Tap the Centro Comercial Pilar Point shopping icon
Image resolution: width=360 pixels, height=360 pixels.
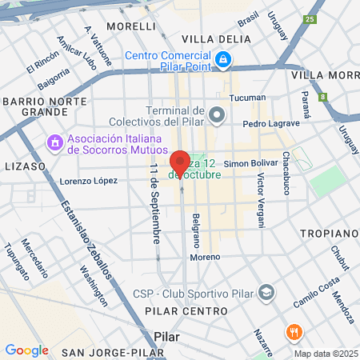[x=225, y=59]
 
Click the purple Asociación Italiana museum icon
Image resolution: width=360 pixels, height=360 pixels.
[x=55, y=142]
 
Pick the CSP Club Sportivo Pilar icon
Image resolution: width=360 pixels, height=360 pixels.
[x=267, y=290]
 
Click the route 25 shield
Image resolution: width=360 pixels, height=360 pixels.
[x=310, y=19]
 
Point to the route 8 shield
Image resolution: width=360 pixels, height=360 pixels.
[x=323, y=98]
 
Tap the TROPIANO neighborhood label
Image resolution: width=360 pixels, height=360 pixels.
[x=329, y=233]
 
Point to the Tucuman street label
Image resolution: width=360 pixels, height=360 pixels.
[x=247, y=98]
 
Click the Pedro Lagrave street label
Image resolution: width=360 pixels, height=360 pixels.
[x=271, y=124]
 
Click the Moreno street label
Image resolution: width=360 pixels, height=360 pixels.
[x=204, y=258]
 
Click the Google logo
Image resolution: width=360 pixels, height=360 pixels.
[x=26, y=350]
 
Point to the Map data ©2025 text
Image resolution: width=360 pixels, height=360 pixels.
[x=325, y=354]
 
